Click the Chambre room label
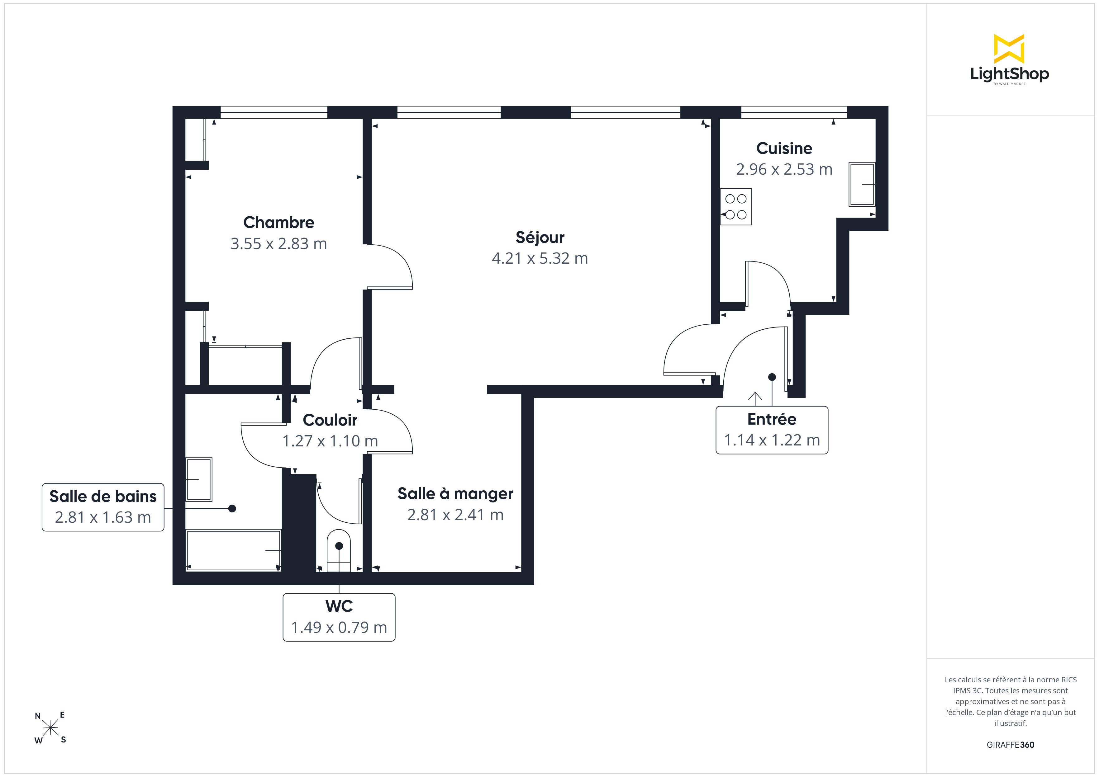[x=278, y=223]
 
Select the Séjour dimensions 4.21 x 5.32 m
[x=540, y=258]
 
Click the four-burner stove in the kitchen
[x=736, y=207]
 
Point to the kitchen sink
[x=862, y=184]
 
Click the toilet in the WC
[x=339, y=550]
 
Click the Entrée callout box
[x=772, y=430]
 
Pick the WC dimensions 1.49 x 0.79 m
[x=339, y=627]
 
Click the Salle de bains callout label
[x=103, y=497]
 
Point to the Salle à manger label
[x=455, y=494]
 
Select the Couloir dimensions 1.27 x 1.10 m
[x=330, y=441]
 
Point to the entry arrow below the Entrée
[x=755, y=399]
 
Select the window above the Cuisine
[x=794, y=112]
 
